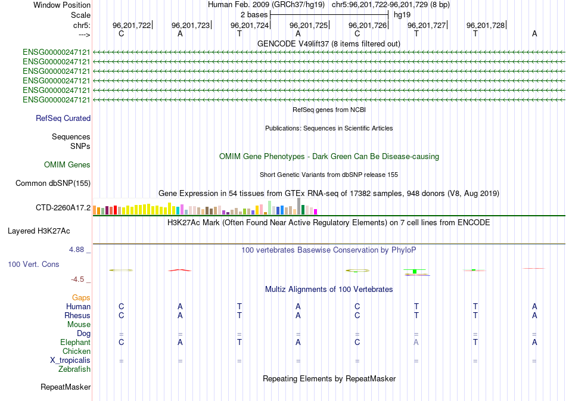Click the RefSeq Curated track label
[63, 119]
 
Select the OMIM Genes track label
[67, 164]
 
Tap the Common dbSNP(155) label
[53, 183]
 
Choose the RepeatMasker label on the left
[66, 387]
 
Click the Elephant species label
[75, 343]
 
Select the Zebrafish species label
[74, 369]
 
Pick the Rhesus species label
[77, 315]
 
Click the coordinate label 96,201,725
[309, 26]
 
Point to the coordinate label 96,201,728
[486, 26]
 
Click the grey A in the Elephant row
[416, 342]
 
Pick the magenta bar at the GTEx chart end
[316, 212]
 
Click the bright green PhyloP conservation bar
[414, 272]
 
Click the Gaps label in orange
[81, 297]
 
